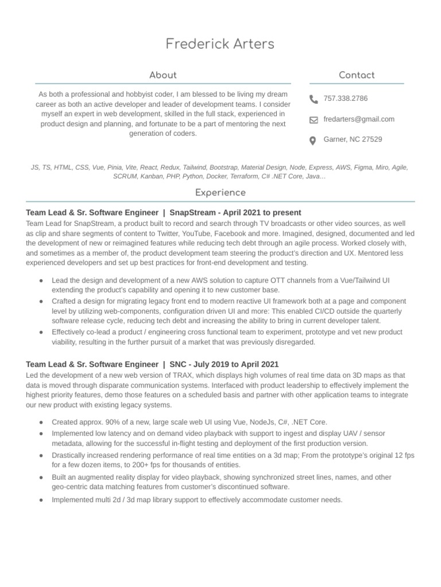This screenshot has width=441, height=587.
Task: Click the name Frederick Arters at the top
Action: pyautogui.click(x=220, y=44)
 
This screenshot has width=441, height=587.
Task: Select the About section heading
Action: pyautogui.click(x=163, y=75)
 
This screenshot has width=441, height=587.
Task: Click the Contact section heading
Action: pyautogui.click(x=357, y=75)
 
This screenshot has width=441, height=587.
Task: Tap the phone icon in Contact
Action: pyautogui.click(x=314, y=99)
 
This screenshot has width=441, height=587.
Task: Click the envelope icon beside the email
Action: pyautogui.click(x=314, y=120)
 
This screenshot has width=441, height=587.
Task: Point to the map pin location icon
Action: pyautogui.click(x=314, y=140)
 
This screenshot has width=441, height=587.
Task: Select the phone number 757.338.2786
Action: pyautogui.click(x=346, y=99)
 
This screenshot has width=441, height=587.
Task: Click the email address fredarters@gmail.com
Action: pyautogui.click(x=359, y=119)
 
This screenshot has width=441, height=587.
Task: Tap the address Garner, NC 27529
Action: pyautogui.click(x=353, y=139)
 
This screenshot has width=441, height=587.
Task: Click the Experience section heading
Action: pyautogui.click(x=220, y=193)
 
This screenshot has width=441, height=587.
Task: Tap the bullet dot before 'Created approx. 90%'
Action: pyautogui.click(x=41, y=422)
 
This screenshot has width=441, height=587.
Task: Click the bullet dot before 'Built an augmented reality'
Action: pyautogui.click(x=41, y=478)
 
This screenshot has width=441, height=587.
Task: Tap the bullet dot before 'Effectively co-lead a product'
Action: pyautogui.click(x=41, y=332)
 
